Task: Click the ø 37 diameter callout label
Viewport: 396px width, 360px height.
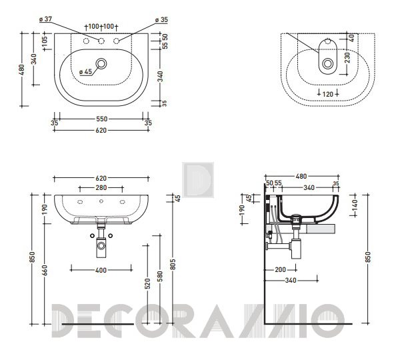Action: (x=46, y=19)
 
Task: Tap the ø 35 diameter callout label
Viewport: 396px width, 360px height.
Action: (x=161, y=20)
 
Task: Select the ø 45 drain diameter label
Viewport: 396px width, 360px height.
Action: (x=85, y=72)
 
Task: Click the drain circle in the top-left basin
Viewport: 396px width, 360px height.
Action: (x=101, y=63)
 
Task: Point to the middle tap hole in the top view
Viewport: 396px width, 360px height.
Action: (x=101, y=41)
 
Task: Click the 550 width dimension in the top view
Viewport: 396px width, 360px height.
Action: (x=101, y=119)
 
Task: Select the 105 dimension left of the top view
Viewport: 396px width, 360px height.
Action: (x=45, y=41)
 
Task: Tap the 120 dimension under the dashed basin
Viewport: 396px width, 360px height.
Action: (x=328, y=94)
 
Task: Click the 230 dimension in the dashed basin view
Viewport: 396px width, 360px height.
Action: (x=348, y=57)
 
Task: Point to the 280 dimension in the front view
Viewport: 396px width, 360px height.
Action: (x=101, y=188)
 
